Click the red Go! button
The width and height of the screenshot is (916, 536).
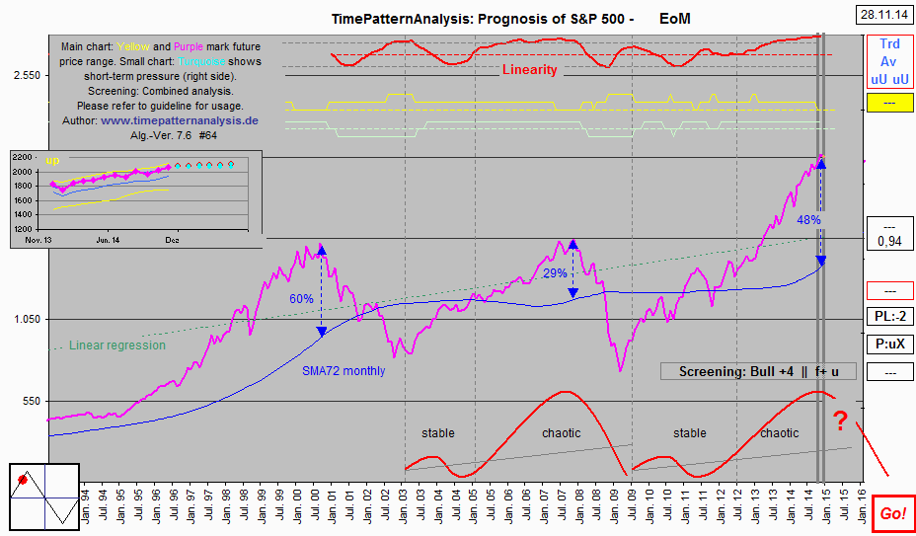coord(891,513)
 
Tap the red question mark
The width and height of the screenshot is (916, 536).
coord(840,421)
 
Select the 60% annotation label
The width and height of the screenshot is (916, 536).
coord(301,298)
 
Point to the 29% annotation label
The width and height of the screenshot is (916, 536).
coord(555,272)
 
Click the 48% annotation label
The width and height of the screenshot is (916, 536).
coord(808,219)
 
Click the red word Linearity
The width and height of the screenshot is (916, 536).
coord(529,69)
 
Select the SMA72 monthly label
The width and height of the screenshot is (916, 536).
coord(343,371)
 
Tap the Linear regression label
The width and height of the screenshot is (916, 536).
coord(117,345)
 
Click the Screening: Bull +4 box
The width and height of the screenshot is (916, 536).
coord(757,371)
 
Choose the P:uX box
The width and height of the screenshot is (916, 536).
coord(888,345)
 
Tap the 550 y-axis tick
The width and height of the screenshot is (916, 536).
coord(30,401)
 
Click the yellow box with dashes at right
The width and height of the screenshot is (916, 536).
coord(888,103)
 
